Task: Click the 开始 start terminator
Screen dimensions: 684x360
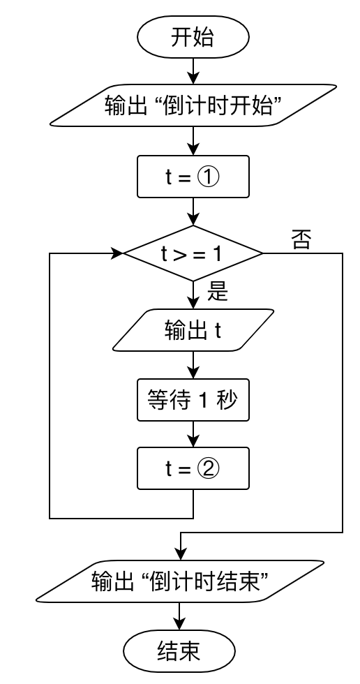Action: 193,38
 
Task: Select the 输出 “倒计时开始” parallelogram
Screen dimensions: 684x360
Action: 193,105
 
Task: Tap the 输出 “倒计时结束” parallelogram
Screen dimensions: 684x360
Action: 180,581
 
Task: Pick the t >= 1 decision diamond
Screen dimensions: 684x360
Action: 193,253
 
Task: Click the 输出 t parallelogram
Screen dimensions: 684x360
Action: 193,331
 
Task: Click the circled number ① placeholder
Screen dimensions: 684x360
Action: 209,177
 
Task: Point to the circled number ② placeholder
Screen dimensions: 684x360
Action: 209,468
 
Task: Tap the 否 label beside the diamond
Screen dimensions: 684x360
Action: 301,240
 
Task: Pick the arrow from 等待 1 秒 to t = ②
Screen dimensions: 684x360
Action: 193,435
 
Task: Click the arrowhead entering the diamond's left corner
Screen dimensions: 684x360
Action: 116,253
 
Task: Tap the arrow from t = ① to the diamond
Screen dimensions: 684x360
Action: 193,211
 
